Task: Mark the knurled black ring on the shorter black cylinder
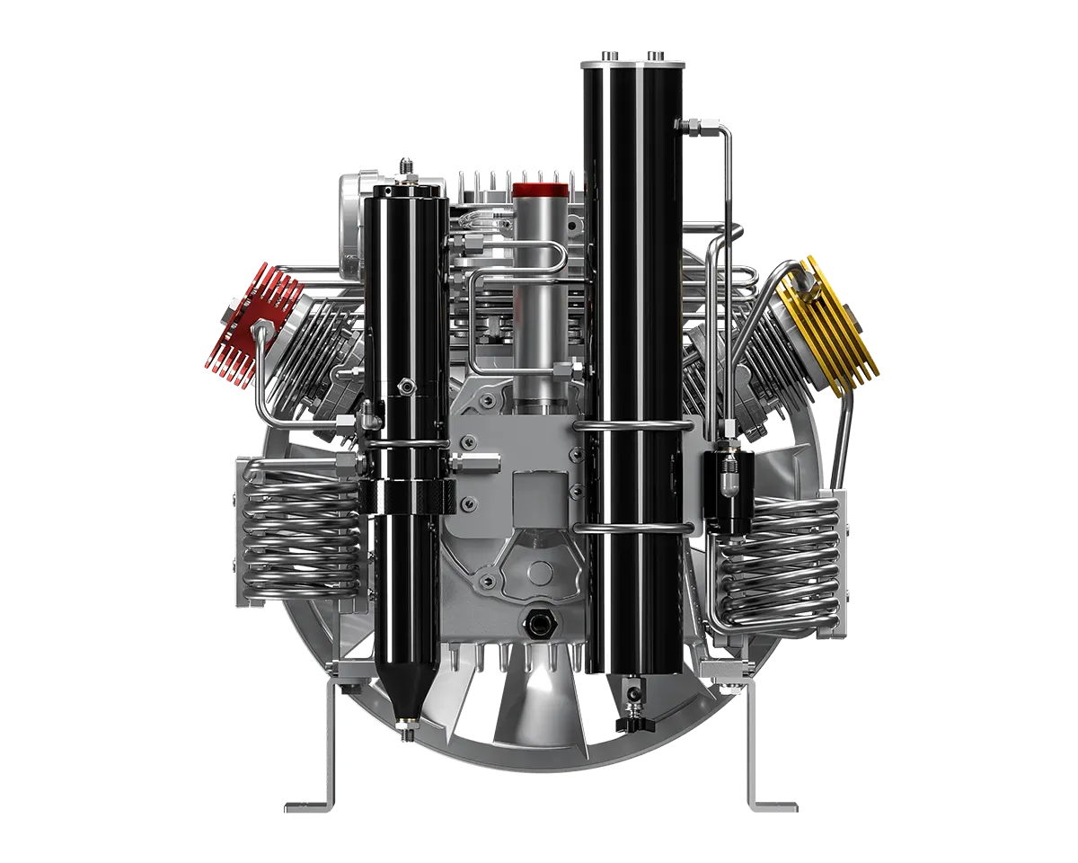click(x=405, y=495)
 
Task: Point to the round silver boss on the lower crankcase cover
click(x=540, y=572)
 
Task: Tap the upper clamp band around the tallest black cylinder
click(x=632, y=423)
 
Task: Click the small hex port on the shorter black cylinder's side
click(x=407, y=386)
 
